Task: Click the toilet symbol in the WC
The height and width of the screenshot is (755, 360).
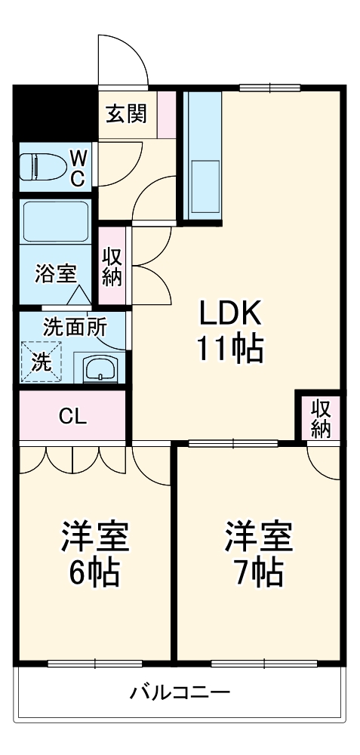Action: coord(42,167)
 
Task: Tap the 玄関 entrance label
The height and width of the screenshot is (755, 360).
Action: coord(127,113)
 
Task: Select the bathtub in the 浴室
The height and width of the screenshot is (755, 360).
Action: coord(56,221)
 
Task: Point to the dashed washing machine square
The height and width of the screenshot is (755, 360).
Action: coord(41,362)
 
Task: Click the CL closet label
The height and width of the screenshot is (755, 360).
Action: coord(73,417)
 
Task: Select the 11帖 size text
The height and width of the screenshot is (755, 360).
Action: coord(229,349)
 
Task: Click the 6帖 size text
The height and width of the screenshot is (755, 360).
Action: coord(94,572)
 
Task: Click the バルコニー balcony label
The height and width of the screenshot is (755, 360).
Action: coord(180,693)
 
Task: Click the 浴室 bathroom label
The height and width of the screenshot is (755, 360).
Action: coord(55,274)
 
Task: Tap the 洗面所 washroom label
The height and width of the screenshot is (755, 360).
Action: coord(75,328)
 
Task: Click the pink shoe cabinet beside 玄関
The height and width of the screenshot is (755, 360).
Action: coord(167,114)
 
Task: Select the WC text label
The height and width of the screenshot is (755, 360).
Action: coord(78,167)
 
